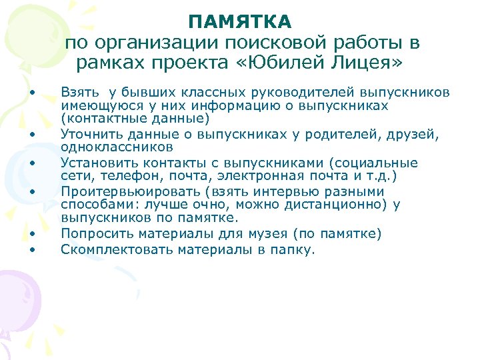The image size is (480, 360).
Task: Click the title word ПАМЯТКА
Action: [240, 22]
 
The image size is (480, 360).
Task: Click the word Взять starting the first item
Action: [79, 91]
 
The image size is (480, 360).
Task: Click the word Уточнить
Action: [89, 135]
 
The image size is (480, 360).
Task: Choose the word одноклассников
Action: [117, 147]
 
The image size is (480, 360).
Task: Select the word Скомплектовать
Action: [108, 250]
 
